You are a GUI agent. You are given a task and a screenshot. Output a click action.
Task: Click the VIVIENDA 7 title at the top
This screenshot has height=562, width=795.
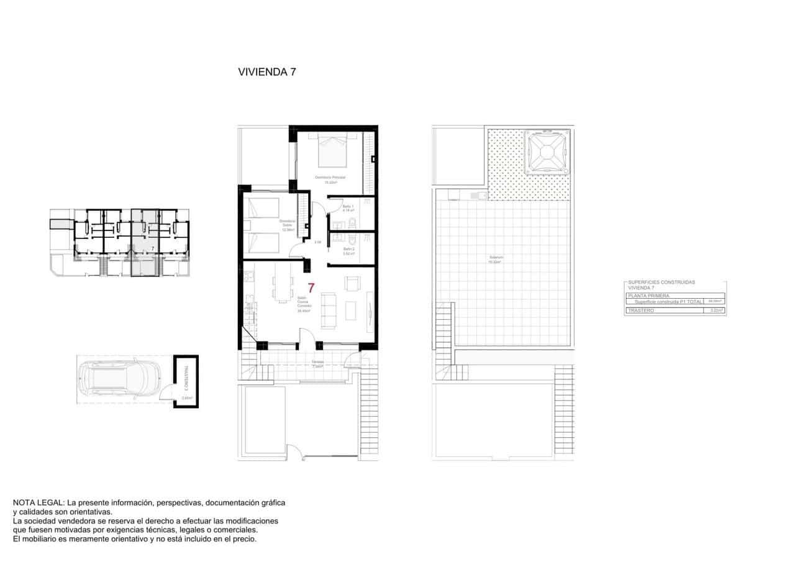[x=266, y=71]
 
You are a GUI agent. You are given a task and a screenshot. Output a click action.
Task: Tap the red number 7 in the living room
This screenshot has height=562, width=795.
[x=311, y=288]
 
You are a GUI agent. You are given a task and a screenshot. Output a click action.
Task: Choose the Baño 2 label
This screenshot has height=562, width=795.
[x=348, y=250]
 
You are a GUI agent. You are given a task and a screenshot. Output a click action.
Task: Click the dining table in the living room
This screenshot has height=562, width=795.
[x=283, y=288]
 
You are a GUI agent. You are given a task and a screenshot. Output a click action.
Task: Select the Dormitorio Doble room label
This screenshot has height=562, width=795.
[x=286, y=225]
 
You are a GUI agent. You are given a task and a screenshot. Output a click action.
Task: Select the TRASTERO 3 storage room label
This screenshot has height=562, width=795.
[x=186, y=376]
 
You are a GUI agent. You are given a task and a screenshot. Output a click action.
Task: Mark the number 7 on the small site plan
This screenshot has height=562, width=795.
[x=153, y=248]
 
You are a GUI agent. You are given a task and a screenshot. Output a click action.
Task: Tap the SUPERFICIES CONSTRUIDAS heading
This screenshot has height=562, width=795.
[x=661, y=283]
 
